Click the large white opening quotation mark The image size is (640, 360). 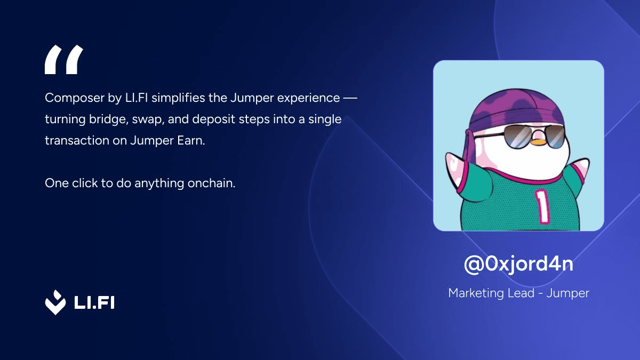(63, 59)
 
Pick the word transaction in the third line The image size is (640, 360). (76, 141)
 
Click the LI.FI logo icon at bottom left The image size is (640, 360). (55, 302)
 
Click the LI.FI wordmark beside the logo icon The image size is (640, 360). (93, 302)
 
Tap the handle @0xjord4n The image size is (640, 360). (518, 264)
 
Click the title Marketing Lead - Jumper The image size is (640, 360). (518, 293)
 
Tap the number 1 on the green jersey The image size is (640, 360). (543, 205)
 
